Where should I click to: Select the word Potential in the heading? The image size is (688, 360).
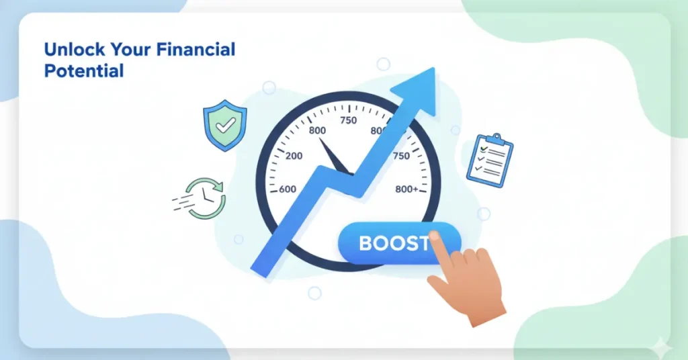coord(84,70)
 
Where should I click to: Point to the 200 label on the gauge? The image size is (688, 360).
coord(294,156)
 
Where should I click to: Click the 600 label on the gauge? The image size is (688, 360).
coord(287,189)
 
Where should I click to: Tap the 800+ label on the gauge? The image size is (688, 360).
coord(406,189)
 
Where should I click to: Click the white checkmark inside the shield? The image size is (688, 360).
coord(225,124)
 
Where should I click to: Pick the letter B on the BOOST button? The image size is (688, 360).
coord(366,243)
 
